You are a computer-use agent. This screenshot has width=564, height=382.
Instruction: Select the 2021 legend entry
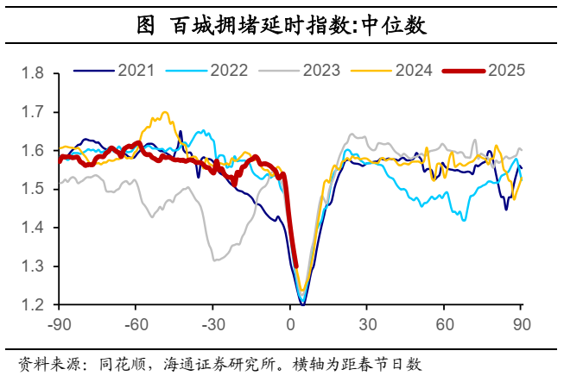click(117, 71)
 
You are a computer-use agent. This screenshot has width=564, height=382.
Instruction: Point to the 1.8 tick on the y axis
click(33, 73)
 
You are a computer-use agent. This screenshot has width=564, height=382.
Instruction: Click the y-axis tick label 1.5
click(33, 190)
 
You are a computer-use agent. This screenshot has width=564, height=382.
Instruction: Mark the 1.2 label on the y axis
click(33, 305)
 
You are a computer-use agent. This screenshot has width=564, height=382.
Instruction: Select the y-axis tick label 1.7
click(33, 112)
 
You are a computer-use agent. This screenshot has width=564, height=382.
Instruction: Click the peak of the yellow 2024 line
click(164, 112)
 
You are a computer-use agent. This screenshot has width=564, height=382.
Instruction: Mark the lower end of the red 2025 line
click(295, 266)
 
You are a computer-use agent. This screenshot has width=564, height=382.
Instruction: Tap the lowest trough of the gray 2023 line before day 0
click(214, 260)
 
